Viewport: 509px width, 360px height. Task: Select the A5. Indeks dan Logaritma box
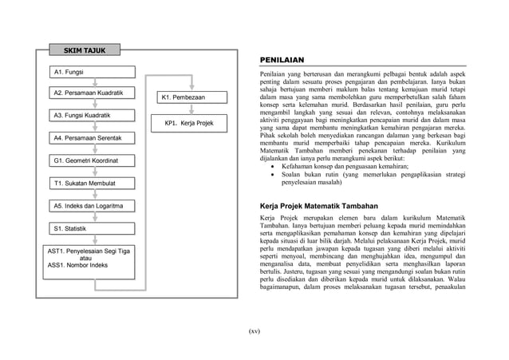(x=93, y=207)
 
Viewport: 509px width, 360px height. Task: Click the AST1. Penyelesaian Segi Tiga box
(x=90, y=258)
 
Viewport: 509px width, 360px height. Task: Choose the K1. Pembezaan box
(x=191, y=98)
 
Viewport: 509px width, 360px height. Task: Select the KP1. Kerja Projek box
(x=191, y=124)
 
